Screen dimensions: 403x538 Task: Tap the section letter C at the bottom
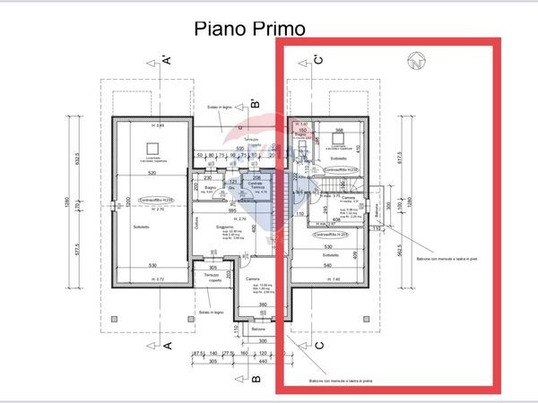[318, 346]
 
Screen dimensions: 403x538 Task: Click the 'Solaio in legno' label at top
[220, 107]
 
